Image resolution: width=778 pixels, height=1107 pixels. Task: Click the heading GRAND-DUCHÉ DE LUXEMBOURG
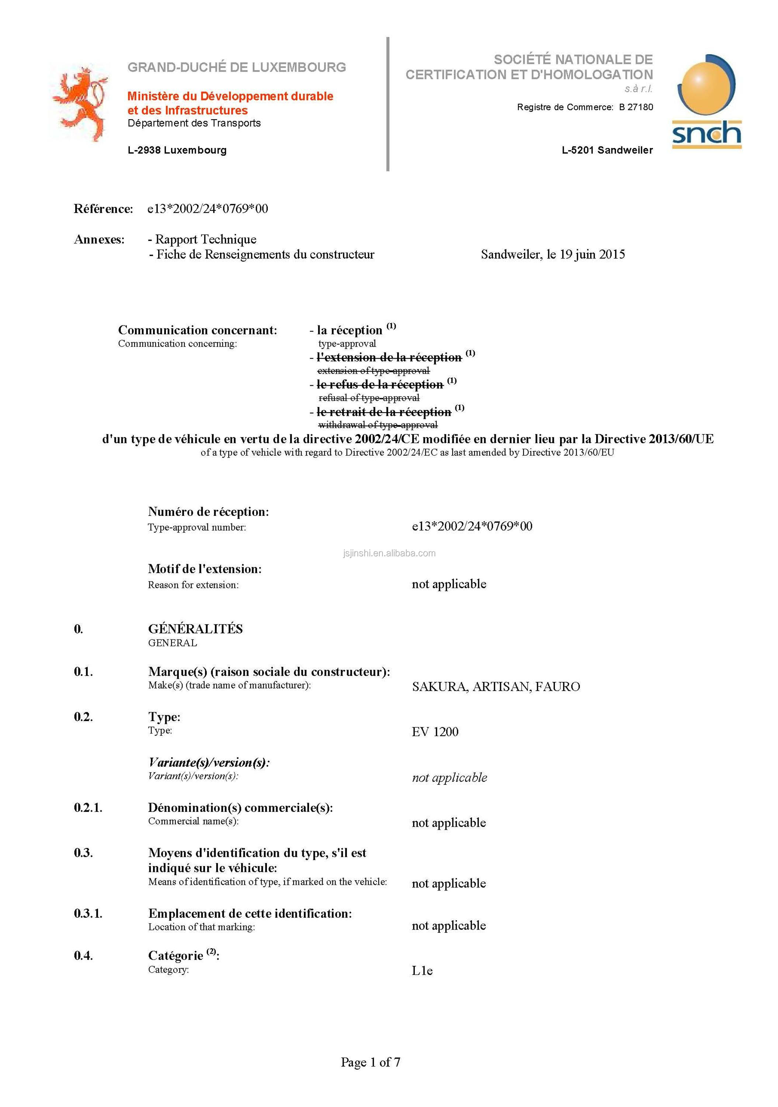tap(236, 67)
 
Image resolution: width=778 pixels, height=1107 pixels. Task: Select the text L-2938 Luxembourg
tap(177, 150)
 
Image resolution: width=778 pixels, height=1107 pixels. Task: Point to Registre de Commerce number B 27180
tap(636, 107)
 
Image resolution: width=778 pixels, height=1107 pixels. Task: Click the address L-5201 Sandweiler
tap(607, 150)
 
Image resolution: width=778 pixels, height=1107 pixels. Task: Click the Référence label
tap(103, 209)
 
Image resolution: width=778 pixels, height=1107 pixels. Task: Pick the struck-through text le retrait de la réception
tap(383, 412)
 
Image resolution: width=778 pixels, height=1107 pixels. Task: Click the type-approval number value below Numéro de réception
tap(472, 526)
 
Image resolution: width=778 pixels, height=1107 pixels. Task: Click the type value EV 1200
tap(434, 732)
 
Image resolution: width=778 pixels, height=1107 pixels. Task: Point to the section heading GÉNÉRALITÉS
tap(195, 629)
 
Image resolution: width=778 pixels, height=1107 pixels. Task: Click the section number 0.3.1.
tap(88, 913)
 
